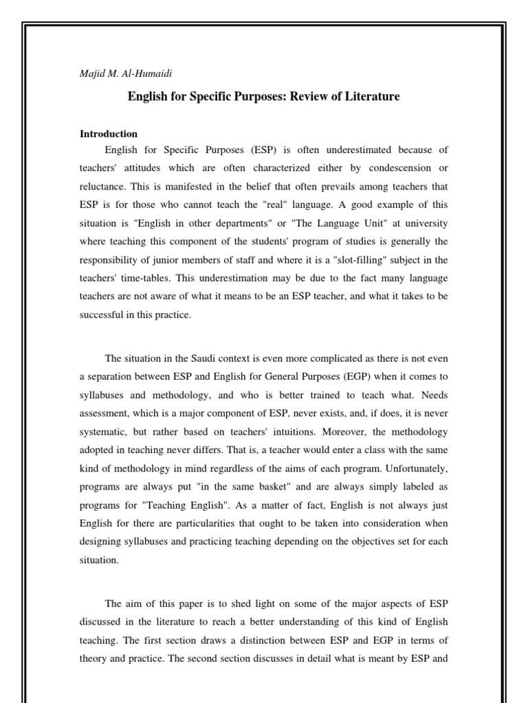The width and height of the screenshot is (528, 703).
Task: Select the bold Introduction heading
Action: [x=109, y=134]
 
